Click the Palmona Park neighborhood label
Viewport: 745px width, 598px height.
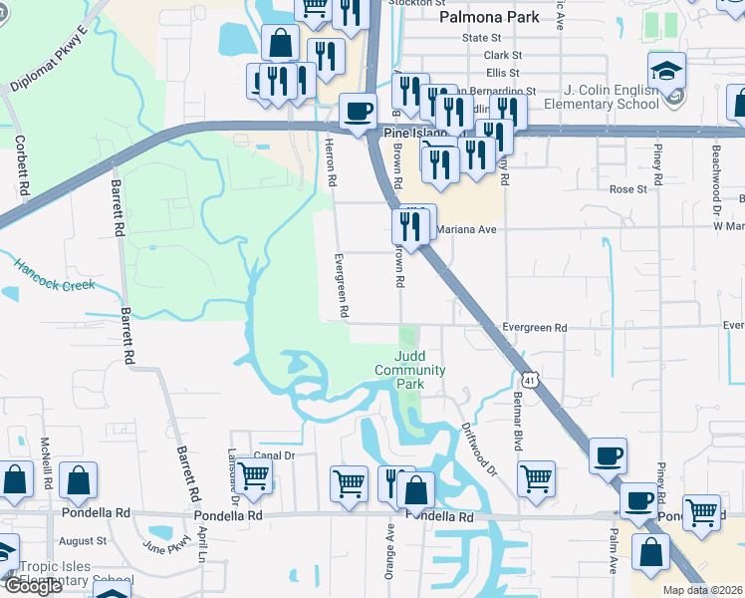click(x=490, y=17)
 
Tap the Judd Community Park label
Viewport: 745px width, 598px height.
click(x=410, y=370)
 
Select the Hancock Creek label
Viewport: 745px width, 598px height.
click(x=54, y=276)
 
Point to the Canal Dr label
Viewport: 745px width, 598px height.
click(x=275, y=455)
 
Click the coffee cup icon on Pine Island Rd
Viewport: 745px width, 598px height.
click(x=357, y=111)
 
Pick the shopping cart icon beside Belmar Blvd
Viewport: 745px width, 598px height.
click(x=536, y=477)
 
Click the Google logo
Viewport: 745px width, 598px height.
click(x=33, y=586)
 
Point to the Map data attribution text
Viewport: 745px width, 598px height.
click(x=703, y=590)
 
